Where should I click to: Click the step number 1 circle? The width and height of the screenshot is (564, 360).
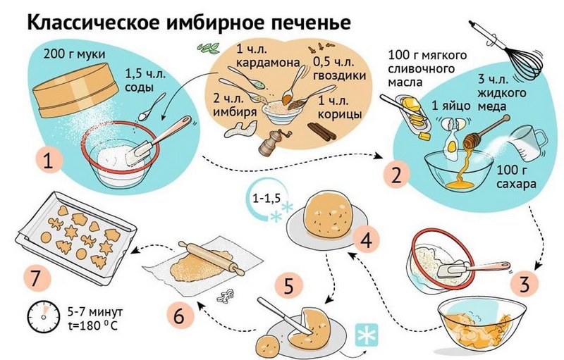pyautogui.click(x=48, y=161)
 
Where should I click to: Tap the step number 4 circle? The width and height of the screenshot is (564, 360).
pyautogui.click(x=365, y=242)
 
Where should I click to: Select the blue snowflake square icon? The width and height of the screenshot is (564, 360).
pyautogui.click(x=367, y=336)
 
